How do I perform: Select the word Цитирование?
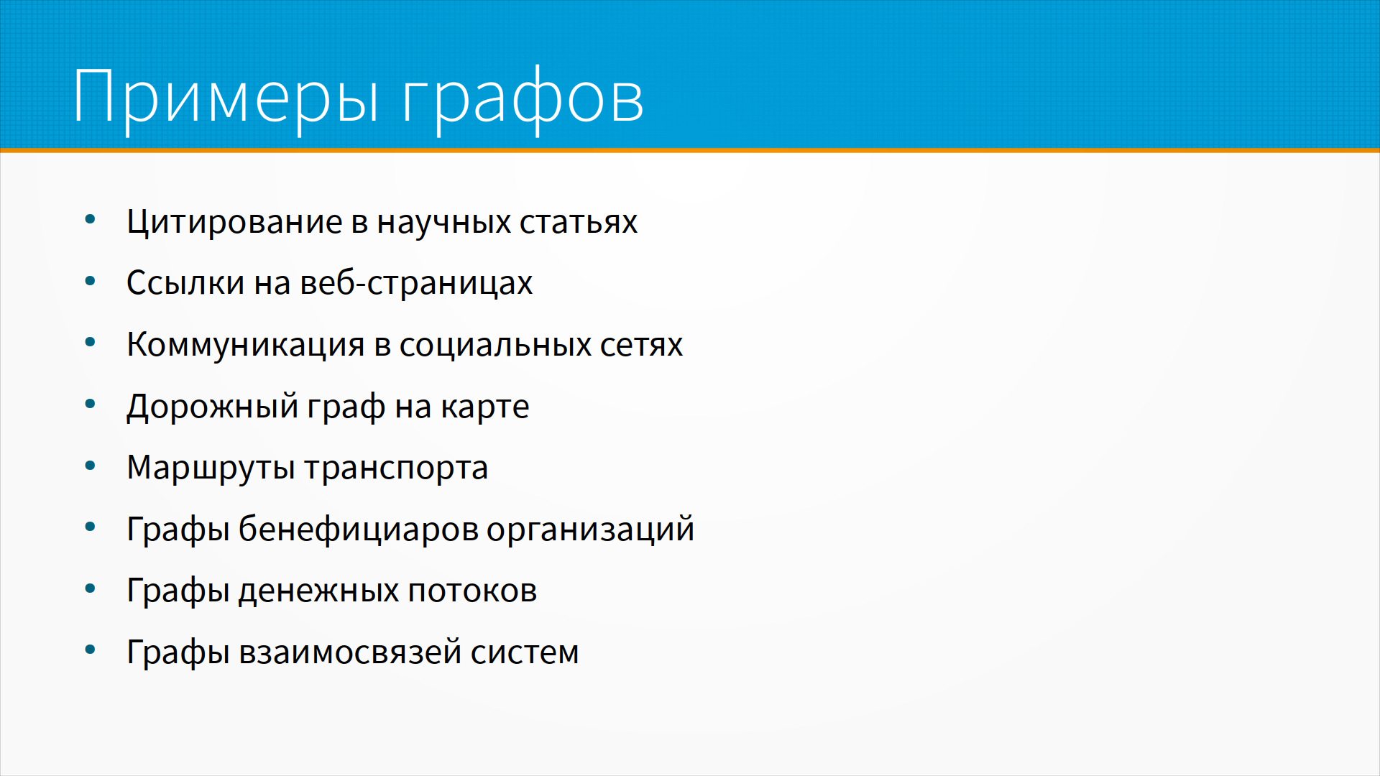pos(234,222)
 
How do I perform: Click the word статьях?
pos(579,223)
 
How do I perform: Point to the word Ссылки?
pos(185,282)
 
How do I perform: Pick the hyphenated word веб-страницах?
pos(416,283)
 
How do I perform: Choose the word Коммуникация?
pos(246,346)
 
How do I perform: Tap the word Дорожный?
pos(213,406)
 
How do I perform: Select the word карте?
pos(485,407)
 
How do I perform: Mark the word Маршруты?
pos(211,468)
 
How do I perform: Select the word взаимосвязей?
pos(350,652)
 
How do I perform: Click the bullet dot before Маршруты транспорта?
pos(90,466)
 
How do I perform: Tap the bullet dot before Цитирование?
pos(90,220)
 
